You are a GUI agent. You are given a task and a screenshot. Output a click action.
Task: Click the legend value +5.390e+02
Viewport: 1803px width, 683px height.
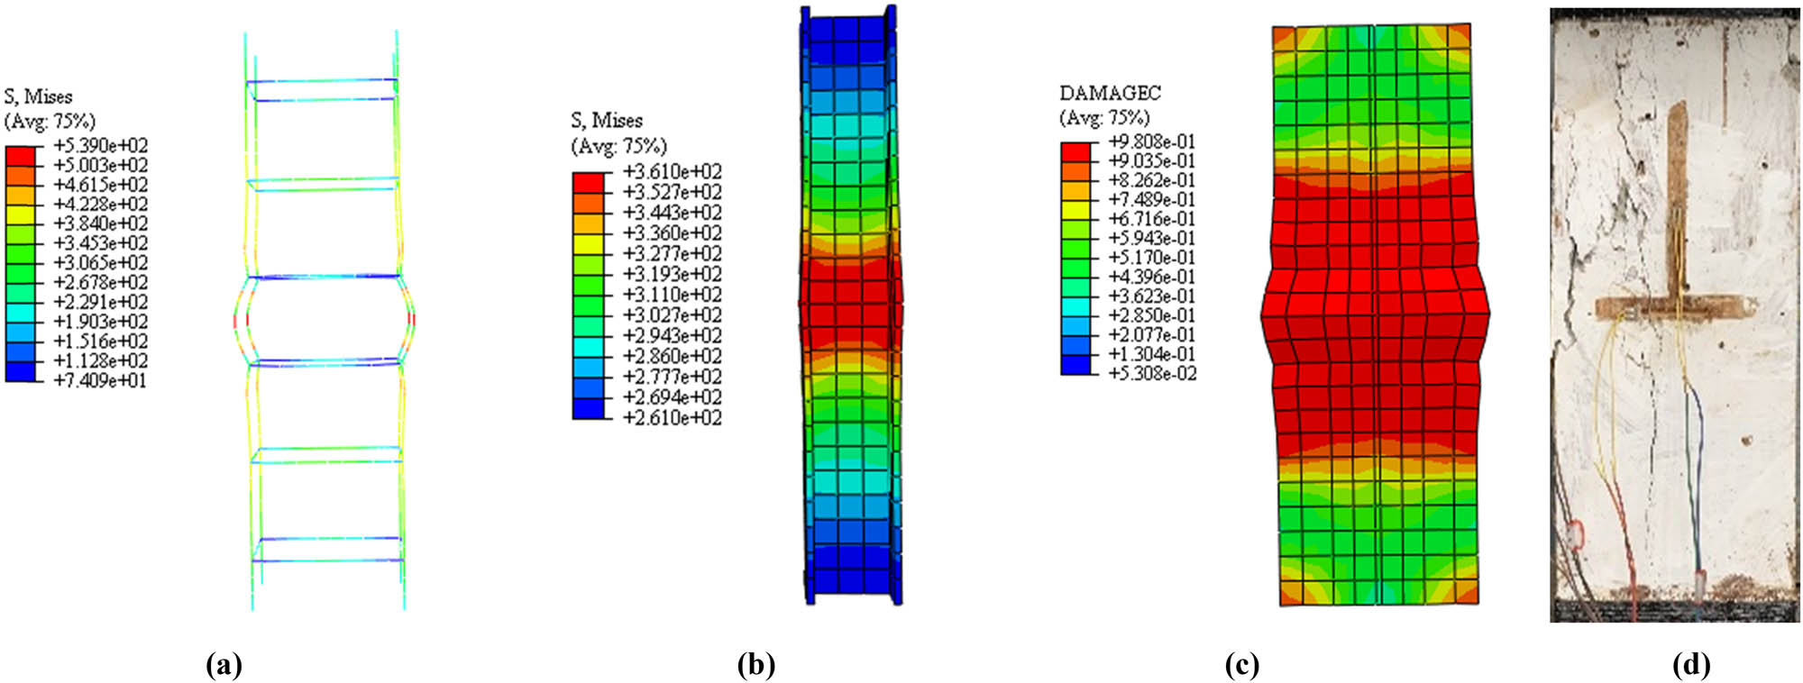[x=101, y=146]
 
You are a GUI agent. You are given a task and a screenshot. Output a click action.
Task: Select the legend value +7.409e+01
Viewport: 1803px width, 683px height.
[x=101, y=380]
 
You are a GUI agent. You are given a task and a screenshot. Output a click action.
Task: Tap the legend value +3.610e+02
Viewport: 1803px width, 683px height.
[x=672, y=171]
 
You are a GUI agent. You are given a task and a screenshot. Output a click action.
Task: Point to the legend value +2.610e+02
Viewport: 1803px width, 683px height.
[x=672, y=417]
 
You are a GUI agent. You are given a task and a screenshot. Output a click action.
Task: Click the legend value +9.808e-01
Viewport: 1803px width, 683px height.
[x=1151, y=141]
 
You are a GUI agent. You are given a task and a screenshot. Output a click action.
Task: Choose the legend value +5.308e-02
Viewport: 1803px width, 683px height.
[x=1151, y=373]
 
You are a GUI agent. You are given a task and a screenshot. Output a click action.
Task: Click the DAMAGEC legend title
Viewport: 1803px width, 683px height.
[x=1110, y=93]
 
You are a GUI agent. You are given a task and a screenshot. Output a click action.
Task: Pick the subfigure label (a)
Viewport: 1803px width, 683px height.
[x=224, y=665]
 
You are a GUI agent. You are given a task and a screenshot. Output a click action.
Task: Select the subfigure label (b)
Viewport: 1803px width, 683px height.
[x=755, y=665]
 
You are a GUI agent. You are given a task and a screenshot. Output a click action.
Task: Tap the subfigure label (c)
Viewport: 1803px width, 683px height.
[x=1241, y=665]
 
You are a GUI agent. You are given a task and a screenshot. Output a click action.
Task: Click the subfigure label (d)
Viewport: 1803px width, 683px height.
[x=1691, y=665]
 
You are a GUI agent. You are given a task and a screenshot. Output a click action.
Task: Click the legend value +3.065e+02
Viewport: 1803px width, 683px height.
[x=101, y=263]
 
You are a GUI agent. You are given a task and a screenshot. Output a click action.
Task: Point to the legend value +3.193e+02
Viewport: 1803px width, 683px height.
[x=672, y=274]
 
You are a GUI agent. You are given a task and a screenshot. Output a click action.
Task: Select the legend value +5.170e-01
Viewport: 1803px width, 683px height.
[x=1151, y=258]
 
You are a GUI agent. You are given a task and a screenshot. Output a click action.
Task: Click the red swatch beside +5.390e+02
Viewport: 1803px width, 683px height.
[x=21, y=156]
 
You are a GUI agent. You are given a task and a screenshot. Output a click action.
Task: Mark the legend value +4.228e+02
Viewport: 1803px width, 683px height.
[x=101, y=205]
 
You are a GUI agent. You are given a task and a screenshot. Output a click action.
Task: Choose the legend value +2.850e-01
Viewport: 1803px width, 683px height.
[x=1151, y=315]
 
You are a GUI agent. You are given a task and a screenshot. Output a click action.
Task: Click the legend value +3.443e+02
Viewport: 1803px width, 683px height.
[x=672, y=213]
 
